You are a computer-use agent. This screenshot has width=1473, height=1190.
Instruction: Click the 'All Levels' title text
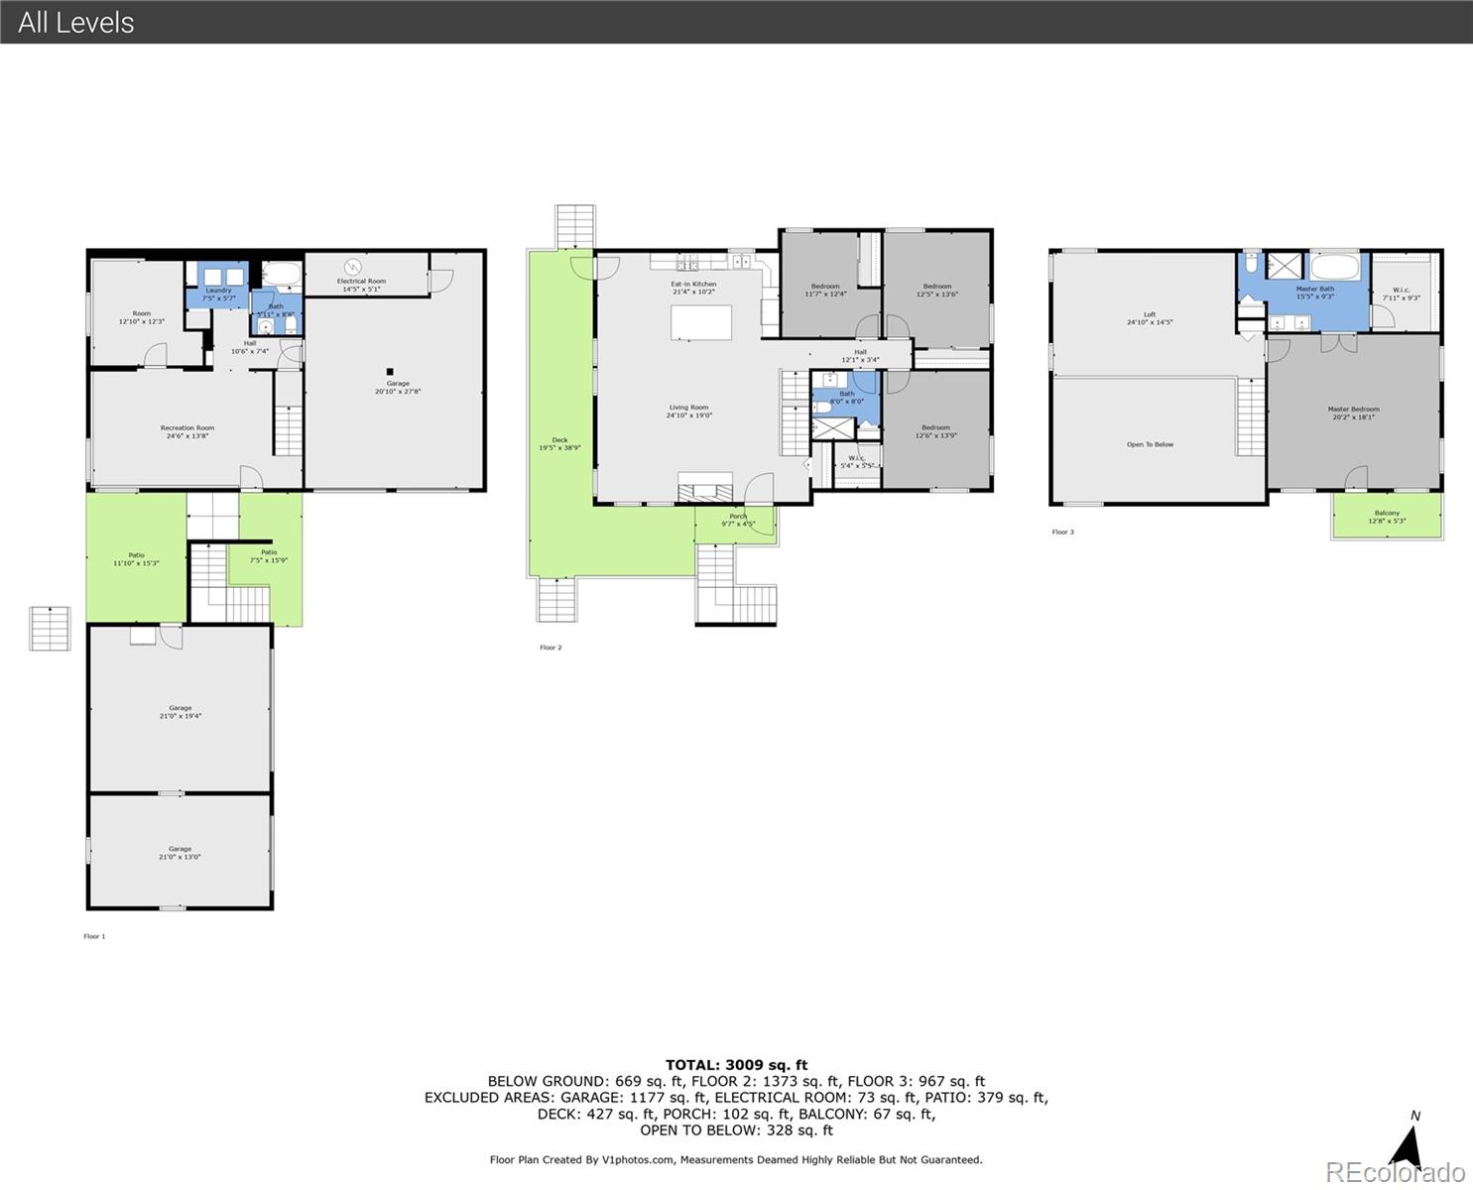[76, 22]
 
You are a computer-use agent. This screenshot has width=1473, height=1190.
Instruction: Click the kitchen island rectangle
[701, 323]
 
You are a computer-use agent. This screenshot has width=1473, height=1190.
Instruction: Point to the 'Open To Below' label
[1150, 444]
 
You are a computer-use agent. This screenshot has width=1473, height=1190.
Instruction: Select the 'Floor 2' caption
[551, 648]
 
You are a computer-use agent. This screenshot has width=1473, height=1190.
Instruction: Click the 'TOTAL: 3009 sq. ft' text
[736, 1065]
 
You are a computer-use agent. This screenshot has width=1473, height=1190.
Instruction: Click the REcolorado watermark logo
[1395, 1172]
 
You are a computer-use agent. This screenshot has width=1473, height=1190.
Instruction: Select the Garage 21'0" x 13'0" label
[180, 853]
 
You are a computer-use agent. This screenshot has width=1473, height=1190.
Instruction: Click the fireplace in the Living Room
[705, 488]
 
